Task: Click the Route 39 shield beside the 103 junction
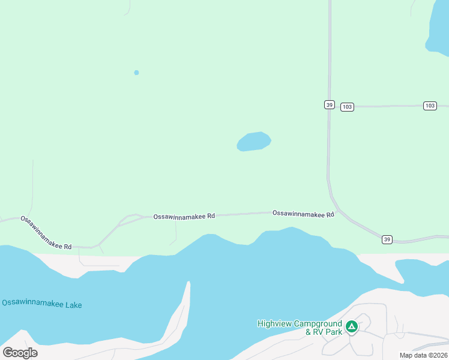point(329,104)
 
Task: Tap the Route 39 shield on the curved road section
point(387,239)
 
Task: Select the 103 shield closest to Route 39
point(347,107)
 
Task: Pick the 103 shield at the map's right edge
point(429,106)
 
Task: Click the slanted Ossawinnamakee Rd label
point(46,233)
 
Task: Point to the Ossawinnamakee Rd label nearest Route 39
point(303,213)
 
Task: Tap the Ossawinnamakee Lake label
point(41,304)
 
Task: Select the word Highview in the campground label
point(274,323)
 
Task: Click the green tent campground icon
point(352,327)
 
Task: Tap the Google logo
point(20,353)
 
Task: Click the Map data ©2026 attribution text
point(424,355)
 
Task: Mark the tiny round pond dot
point(136,73)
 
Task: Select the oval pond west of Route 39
point(253,142)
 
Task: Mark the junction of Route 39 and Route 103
point(330,107)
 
